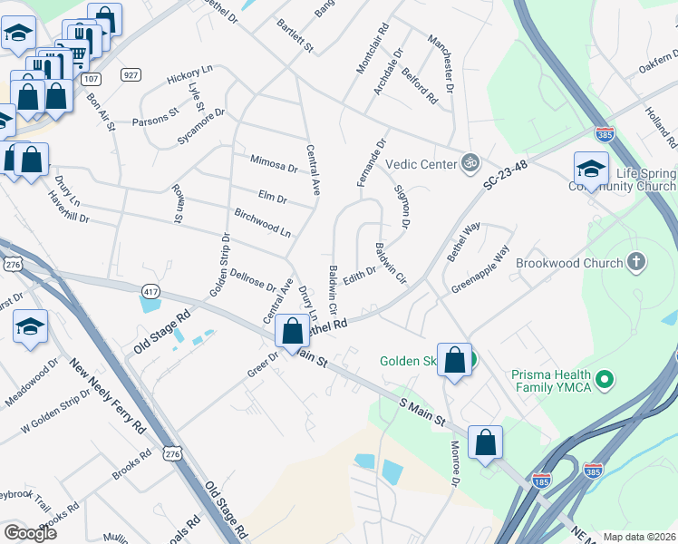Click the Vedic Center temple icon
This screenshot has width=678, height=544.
[469, 163]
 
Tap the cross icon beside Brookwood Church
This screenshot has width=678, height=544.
[636, 263]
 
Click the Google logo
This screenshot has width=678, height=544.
[30, 533]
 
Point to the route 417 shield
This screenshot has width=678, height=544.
[151, 290]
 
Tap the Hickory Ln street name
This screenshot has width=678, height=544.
[189, 74]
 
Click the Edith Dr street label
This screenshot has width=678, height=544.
[359, 273]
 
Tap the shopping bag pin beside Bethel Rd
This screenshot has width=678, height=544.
[292, 332]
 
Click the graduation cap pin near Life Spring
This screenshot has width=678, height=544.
[590, 170]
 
